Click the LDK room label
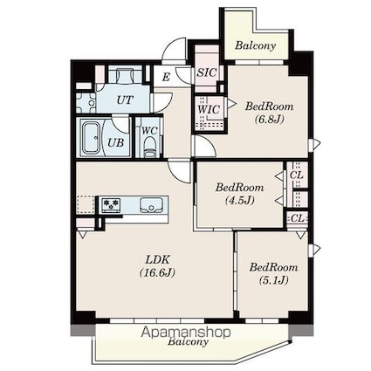157,258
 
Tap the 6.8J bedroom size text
270,119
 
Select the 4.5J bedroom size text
240,200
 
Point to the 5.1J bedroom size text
273,280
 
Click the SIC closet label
207,72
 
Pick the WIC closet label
209,109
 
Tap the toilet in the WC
150,148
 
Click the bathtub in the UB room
91,138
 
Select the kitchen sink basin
151,205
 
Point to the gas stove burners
111,205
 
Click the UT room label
125,100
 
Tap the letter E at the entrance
166,77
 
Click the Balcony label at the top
256,45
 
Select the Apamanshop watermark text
186,333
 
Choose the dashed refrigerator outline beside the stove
86,205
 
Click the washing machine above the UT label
125,75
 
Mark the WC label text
150,130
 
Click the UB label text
116,142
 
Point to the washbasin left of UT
86,103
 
